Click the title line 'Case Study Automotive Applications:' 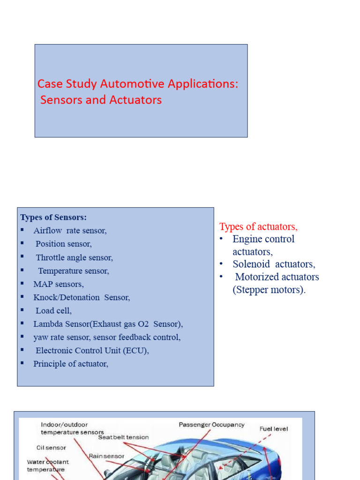pos(138,84)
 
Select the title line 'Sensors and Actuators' pos(101,100)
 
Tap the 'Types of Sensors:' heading pos(53,217)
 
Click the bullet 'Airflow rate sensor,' pos(70,231)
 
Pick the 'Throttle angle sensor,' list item pos(74,257)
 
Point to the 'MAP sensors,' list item pos(59,284)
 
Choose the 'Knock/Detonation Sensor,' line pos(82,297)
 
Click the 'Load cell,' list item pos(53,310)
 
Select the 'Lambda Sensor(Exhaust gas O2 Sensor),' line pos(108,324)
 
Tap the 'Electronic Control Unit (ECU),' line pos(92,350)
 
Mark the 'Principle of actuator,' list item pos(71,364)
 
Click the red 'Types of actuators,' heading pos(258,227)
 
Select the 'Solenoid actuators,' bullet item pos(274,264)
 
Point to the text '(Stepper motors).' pos(269,290)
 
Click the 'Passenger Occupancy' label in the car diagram pos(211,425)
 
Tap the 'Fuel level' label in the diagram pos(274,428)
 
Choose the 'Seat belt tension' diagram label pos(123,437)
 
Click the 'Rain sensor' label pos(106,456)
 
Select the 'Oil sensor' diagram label pos(51,447)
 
